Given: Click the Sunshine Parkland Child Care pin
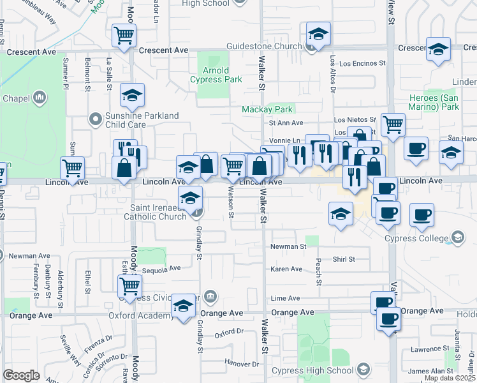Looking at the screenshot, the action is pos(96,118).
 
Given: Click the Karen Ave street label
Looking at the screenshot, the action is pos(286,269).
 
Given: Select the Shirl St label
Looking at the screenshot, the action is pos(343,259).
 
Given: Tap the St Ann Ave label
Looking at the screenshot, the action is pos(285,123).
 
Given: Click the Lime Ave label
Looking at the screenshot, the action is pos(285,298).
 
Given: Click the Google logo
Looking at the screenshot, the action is pos(21,375).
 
